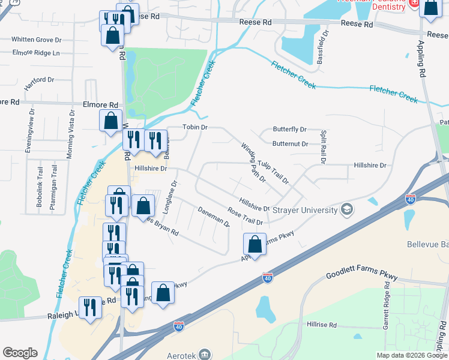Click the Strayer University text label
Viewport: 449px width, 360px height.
[x=305, y=210]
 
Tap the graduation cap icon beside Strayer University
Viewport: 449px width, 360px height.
[x=346, y=209]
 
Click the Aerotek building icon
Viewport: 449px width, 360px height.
[x=205, y=353]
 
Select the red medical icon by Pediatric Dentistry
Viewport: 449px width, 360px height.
[x=414, y=3]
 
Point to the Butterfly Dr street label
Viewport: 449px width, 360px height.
[x=289, y=130]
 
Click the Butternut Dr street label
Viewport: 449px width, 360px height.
[x=290, y=144]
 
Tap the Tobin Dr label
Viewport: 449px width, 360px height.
[x=195, y=127]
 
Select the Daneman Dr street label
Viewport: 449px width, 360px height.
[x=214, y=216]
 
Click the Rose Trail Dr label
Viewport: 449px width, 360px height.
[x=245, y=217]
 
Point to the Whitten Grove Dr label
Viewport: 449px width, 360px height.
[x=37, y=40]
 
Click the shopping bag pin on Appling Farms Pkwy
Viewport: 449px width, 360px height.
[x=255, y=245]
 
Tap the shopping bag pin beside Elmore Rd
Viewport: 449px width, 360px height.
[x=111, y=121]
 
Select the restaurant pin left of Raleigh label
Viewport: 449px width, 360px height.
[x=90, y=308]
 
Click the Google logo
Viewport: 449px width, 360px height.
[x=20, y=353]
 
